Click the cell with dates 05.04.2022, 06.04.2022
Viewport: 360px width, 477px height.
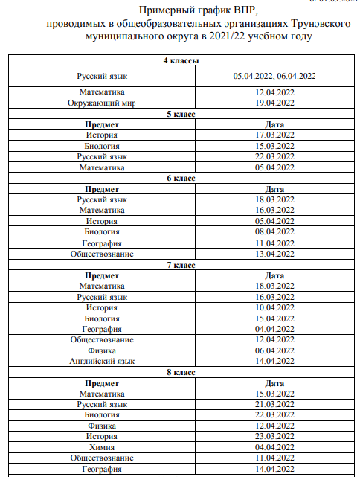click(x=274, y=76)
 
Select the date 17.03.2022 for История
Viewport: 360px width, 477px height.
click(x=274, y=135)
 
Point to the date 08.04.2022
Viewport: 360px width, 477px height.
click(x=274, y=232)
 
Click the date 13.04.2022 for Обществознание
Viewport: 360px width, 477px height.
click(x=274, y=254)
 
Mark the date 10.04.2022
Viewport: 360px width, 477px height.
click(x=274, y=307)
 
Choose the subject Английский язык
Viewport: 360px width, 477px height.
click(x=101, y=361)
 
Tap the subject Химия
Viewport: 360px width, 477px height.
click(x=101, y=447)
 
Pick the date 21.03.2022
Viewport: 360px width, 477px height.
click(x=274, y=404)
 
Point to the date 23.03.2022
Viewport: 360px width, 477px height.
click(x=274, y=436)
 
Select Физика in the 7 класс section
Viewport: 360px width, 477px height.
click(x=101, y=350)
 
